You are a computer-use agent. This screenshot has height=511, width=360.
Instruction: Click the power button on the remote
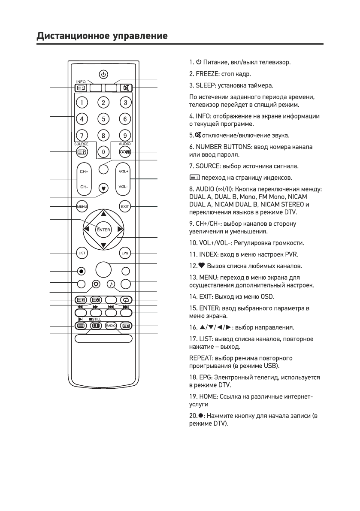pos(103,74)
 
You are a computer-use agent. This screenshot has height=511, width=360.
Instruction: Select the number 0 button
pos(103,151)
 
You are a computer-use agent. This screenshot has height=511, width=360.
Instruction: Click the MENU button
pos(82,206)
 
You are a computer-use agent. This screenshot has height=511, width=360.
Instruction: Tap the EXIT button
pos(125,206)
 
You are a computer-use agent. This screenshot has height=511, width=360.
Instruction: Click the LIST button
pos(82,253)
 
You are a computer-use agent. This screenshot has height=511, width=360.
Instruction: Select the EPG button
pos(125,253)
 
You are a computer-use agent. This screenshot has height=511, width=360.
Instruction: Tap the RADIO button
pos(111,326)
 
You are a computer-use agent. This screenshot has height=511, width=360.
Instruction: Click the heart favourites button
pos(103,187)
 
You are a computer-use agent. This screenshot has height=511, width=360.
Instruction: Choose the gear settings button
pos(96,284)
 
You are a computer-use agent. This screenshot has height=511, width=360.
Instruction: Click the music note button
pos(111,284)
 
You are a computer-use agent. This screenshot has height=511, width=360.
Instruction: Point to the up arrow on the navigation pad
pos(103,213)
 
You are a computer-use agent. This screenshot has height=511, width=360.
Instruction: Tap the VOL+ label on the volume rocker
pos(125,171)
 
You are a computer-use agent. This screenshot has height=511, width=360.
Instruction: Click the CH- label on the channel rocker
pos(83,187)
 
